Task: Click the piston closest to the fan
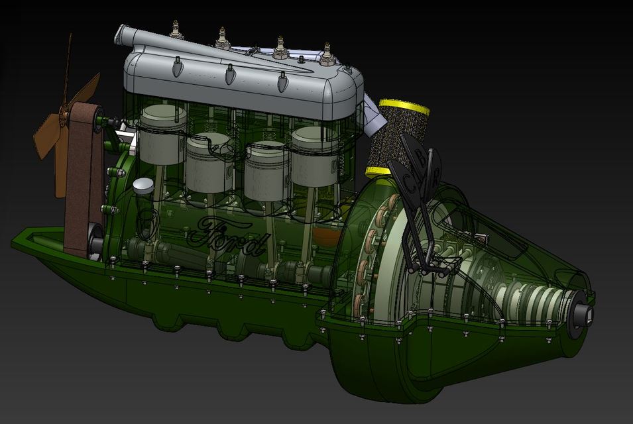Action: pyautogui.click(x=163, y=136)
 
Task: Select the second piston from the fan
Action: pyautogui.click(x=207, y=162)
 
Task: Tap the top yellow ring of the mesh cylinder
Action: pyautogui.click(x=404, y=106)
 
